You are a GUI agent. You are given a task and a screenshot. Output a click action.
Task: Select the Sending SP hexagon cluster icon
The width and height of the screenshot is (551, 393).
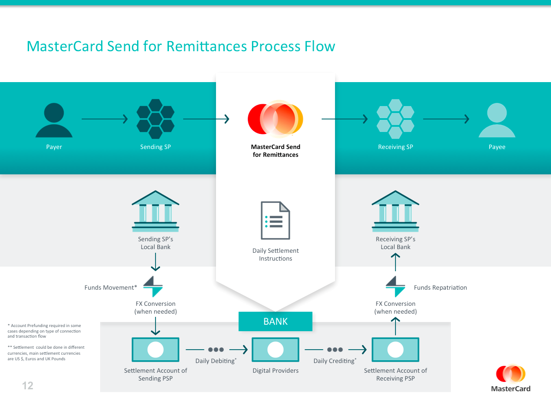pos(156,119)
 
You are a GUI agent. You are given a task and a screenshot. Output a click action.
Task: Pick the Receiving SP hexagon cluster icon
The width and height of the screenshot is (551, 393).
pos(395,119)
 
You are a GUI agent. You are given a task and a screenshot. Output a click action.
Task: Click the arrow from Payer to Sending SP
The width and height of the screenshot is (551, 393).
pos(105,119)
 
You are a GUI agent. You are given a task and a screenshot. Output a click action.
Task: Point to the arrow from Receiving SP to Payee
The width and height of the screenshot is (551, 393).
pos(446,119)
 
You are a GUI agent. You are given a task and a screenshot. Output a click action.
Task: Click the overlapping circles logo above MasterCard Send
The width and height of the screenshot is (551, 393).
pos(275,119)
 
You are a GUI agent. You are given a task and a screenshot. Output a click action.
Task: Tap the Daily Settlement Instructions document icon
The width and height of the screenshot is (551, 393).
pos(275,220)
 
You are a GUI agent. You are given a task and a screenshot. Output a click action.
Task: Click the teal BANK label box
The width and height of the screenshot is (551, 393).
pos(275,322)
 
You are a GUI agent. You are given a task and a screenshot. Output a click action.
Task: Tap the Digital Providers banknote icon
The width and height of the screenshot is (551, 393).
pos(275,349)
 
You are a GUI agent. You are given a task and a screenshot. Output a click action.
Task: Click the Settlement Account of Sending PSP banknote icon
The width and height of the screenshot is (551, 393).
pos(156,349)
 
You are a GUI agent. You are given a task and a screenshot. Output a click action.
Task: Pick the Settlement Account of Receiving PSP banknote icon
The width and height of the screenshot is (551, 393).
pos(395,349)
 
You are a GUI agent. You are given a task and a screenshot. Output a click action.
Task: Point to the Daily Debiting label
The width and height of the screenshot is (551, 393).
pos(216,361)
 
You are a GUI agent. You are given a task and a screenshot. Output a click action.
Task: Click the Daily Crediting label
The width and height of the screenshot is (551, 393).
pos(335,361)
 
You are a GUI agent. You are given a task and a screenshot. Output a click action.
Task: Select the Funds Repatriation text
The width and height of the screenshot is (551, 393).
pos(440,287)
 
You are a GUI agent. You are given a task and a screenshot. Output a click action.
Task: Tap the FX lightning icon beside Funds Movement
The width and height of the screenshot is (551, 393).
pos(153,286)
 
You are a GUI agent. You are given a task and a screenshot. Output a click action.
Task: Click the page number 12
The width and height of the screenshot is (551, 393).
pos(28,385)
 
